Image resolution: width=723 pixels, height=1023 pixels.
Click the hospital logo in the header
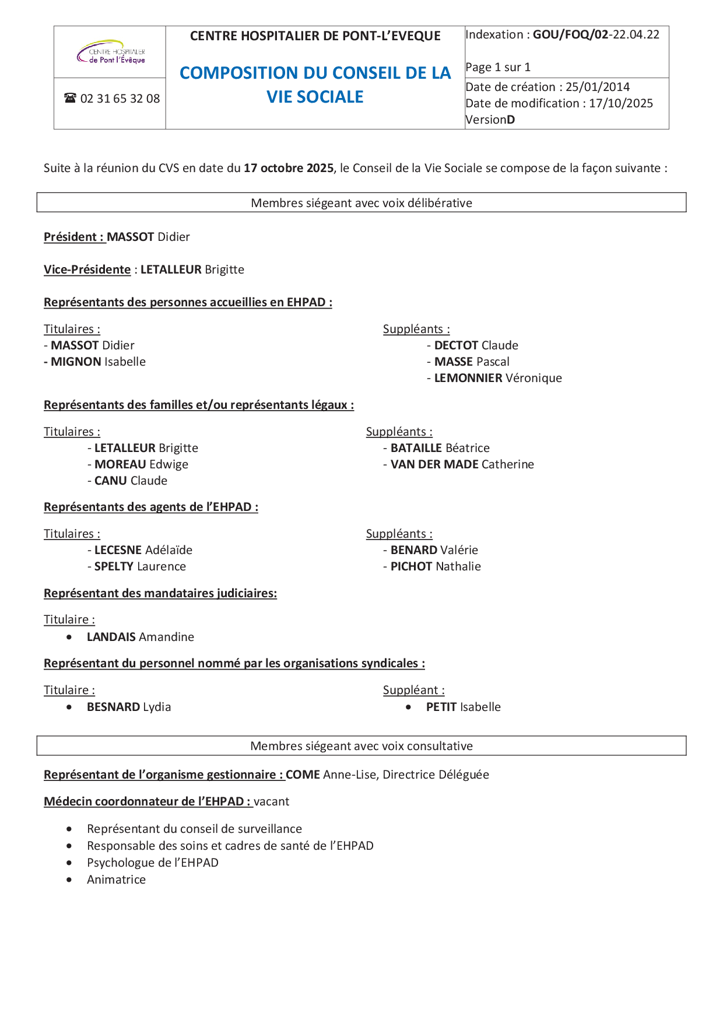pyautogui.click(x=111, y=52)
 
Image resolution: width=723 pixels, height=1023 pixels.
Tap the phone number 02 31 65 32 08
pyautogui.click(x=120, y=99)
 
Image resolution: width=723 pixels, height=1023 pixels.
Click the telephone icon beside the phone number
pyautogui.click(x=70, y=98)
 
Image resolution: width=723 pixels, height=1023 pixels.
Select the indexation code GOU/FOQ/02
pyautogui.click(x=570, y=34)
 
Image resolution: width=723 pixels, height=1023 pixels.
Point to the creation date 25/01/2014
pyautogui.click(x=598, y=87)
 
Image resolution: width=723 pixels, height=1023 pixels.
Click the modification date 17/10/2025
pyautogui.click(x=621, y=103)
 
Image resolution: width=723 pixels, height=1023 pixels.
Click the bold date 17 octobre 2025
pyautogui.click(x=289, y=168)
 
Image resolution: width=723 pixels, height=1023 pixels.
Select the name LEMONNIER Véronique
pyautogui.click(x=498, y=378)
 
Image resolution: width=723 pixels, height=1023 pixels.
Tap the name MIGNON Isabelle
pyautogui.click(x=98, y=362)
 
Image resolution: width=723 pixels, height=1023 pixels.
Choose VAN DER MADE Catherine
pyautogui.click(x=462, y=464)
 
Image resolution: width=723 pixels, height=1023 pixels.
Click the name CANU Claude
pyautogui.click(x=131, y=481)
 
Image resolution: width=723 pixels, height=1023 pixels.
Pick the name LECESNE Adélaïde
pyautogui.click(x=143, y=550)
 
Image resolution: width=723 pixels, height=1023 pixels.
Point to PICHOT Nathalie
pyautogui.click(x=436, y=566)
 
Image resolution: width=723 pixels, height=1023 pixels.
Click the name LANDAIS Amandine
pyautogui.click(x=140, y=637)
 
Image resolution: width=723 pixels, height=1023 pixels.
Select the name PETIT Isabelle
pyautogui.click(x=463, y=707)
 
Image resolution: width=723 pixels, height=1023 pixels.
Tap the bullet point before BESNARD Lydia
pyautogui.click(x=69, y=707)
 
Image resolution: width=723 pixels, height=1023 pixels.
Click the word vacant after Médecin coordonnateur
pyautogui.click(x=271, y=801)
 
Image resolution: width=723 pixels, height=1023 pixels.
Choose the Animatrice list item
pyautogui.click(x=116, y=880)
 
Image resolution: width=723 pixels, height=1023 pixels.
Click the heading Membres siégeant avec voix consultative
pyautogui.click(x=361, y=746)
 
